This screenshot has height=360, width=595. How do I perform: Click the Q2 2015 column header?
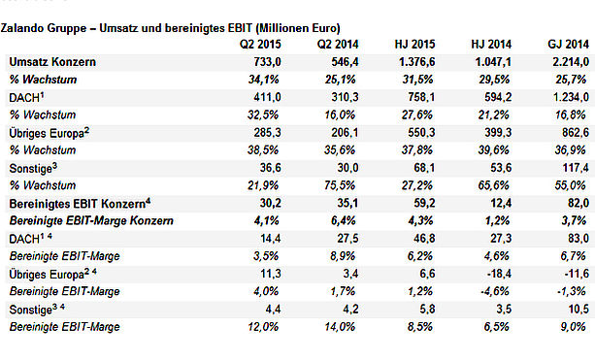(x=260, y=45)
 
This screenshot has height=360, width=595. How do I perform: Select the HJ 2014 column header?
(x=491, y=45)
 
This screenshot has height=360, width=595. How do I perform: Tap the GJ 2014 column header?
(x=568, y=45)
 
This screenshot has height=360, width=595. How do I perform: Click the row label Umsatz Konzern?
(x=52, y=62)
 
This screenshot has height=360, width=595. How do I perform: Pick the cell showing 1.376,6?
(x=416, y=62)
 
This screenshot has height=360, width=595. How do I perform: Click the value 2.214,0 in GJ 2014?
(x=571, y=62)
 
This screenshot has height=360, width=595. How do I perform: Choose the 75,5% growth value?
(x=340, y=185)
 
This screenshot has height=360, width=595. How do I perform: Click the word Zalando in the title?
(x=21, y=28)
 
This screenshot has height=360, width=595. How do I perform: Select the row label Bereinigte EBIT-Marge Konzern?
(x=91, y=221)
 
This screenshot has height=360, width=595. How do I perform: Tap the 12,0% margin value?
(x=263, y=327)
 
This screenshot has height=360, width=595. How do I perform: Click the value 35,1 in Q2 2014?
(x=347, y=203)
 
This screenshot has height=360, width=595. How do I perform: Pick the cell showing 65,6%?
(x=493, y=185)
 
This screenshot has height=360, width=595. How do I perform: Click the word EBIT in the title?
(x=238, y=28)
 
